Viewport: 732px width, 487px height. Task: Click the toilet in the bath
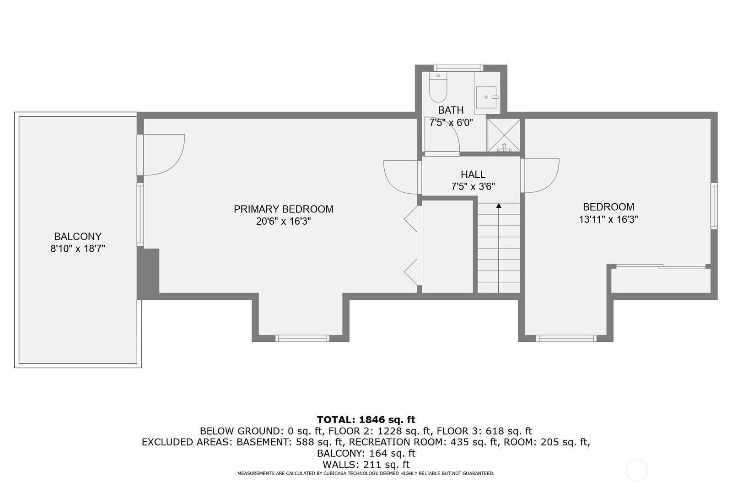click(x=438, y=87)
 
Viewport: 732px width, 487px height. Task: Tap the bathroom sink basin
click(x=486, y=97)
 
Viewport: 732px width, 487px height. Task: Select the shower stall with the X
click(x=504, y=135)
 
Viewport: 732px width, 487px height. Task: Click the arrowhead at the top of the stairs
click(x=499, y=206)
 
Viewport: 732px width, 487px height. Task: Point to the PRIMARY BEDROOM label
click(x=283, y=209)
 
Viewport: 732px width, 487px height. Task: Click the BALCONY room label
click(x=78, y=236)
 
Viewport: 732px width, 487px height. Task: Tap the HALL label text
click(x=473, y=175)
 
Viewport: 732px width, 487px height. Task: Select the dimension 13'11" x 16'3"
click(x=608, y=219)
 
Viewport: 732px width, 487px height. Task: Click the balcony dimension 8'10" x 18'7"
click(x=78, y=249)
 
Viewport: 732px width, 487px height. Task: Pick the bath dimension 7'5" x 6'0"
click(x=451, y=123)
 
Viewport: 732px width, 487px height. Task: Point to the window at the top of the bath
click(x=458, y=68)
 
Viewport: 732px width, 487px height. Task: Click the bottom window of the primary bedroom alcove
click(x=302, y=338)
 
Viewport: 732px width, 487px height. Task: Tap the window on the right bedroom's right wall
click(x=714, y=206)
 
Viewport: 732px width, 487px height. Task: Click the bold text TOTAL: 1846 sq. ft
click(x=366, y=419)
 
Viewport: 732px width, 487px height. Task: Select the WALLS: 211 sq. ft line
click(x=366, y=465)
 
